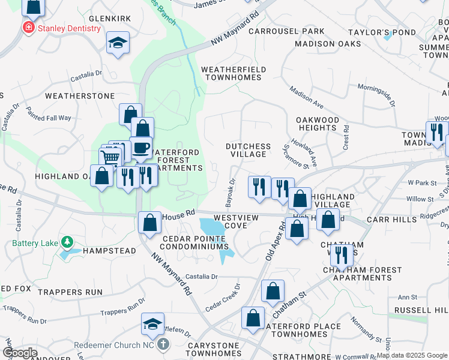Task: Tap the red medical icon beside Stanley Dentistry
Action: [x=28, y=28]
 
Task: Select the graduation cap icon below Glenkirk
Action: [x=118, y=43]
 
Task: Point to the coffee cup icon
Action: [x=141, y=148]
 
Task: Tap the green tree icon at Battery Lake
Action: [x=67, y=242]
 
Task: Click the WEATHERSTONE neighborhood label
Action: [x=80, y=95]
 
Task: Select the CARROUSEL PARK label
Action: [x=286, y=31]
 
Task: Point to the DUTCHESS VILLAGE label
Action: [x=248, y=150]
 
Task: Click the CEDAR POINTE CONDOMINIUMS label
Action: [x=196, y=242]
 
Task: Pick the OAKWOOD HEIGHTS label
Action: [x=326, y=124]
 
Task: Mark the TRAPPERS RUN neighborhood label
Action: [x=70, y=292]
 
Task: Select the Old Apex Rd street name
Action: [x=274, y=241]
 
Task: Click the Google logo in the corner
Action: [x=20, y=353]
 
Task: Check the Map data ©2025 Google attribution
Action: [x=412, y=355]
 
